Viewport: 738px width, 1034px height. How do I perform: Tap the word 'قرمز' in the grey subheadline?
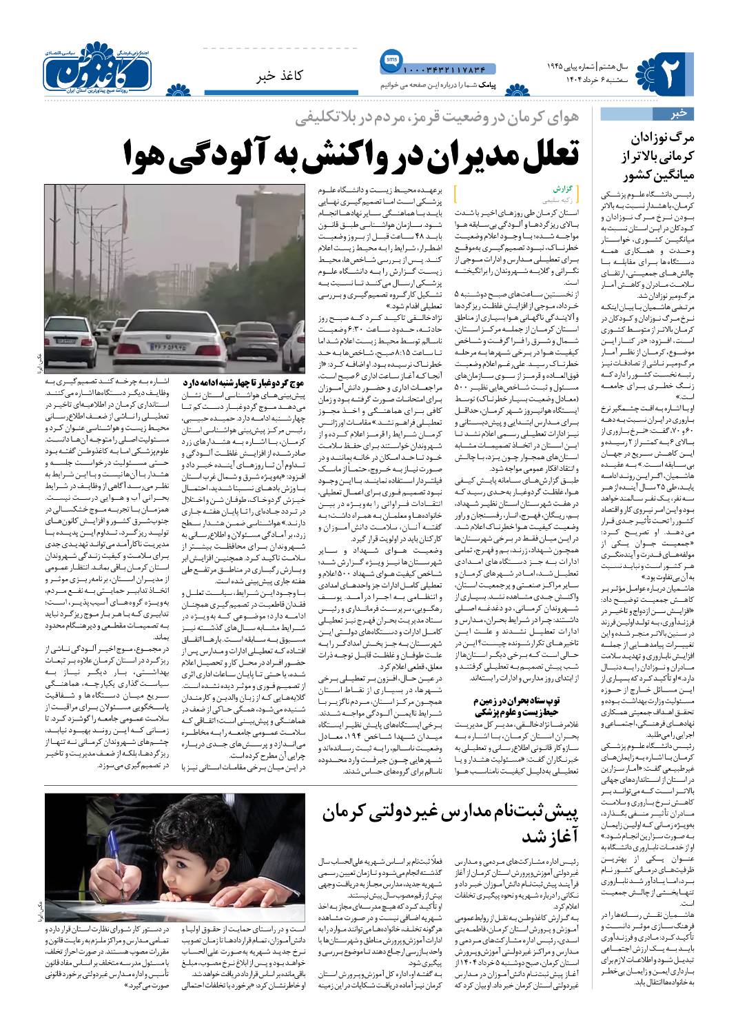396,119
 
